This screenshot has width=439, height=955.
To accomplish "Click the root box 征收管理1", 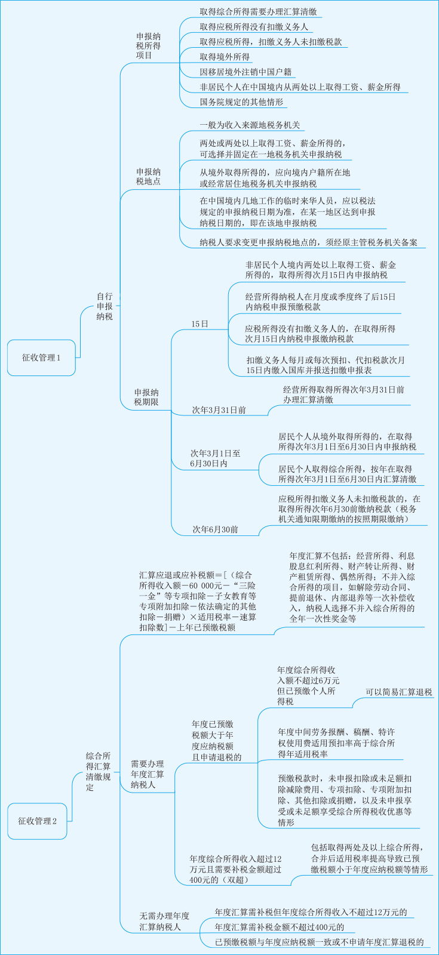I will (x=41, y=358).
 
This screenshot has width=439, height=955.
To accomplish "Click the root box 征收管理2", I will (x=37, y=821).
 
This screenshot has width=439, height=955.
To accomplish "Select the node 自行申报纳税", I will (x=105, y=307).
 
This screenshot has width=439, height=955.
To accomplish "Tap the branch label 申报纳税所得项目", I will (x=148, y=46).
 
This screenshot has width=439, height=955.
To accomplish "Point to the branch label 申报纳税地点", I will (x=148, y=177).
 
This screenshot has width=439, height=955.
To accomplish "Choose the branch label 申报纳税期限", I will (x=146, y=398).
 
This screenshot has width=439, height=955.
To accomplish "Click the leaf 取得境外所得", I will (x=225, y=57).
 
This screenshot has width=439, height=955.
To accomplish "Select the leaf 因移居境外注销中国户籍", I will (x=245, y=72).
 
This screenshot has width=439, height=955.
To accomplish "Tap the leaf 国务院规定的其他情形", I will (x=241, y=102).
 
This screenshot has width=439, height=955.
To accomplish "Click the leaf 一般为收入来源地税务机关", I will (x=250, y=125).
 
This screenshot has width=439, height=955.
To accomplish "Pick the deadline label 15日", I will (x=199, y=324).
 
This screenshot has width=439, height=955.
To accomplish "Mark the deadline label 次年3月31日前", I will (x=219, y=410).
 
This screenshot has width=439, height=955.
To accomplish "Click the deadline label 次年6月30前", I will (x=215, y=529).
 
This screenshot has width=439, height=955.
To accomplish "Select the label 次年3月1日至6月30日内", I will (x=215, y=458).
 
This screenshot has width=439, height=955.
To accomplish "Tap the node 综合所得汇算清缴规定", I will (x=98, y=771).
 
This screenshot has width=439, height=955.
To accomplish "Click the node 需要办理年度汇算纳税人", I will (x=147, y=774).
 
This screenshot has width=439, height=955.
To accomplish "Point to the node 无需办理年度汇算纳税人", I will (x=164, y=921).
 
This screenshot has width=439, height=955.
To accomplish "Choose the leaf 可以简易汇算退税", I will (x=399, y=692).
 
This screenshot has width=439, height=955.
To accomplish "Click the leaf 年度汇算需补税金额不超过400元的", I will (x=279, y=927).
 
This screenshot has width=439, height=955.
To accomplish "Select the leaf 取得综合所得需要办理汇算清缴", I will (x=258, y=11).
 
